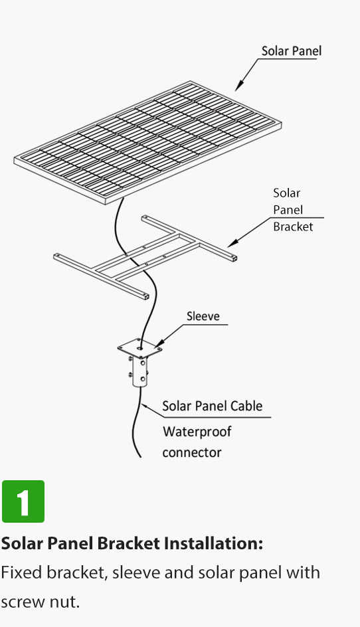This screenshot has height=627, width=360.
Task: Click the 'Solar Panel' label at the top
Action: tap(291, 50)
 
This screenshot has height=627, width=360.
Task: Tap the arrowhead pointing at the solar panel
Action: tap(239, 86)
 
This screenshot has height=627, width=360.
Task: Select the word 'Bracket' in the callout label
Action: tap(293, 226)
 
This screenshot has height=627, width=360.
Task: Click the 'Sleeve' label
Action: tap(203, 316)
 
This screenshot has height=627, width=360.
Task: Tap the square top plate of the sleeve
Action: tap(140, 349)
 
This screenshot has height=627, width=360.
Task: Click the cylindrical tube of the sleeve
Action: tap(140, 372)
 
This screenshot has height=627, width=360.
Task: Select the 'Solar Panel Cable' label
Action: tap(213, 406)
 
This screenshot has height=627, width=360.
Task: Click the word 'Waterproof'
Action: tap(197, 432)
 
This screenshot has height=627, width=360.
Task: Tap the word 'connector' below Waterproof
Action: tap(192, 453)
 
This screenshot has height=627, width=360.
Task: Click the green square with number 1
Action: tap(23, 501)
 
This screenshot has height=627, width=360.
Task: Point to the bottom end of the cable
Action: tap(140, 456)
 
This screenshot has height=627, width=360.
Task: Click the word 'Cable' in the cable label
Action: tap(246, 406)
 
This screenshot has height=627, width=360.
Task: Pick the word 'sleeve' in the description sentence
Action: tap(136, 573)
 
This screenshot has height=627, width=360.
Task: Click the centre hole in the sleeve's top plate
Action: tap(139, 348)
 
